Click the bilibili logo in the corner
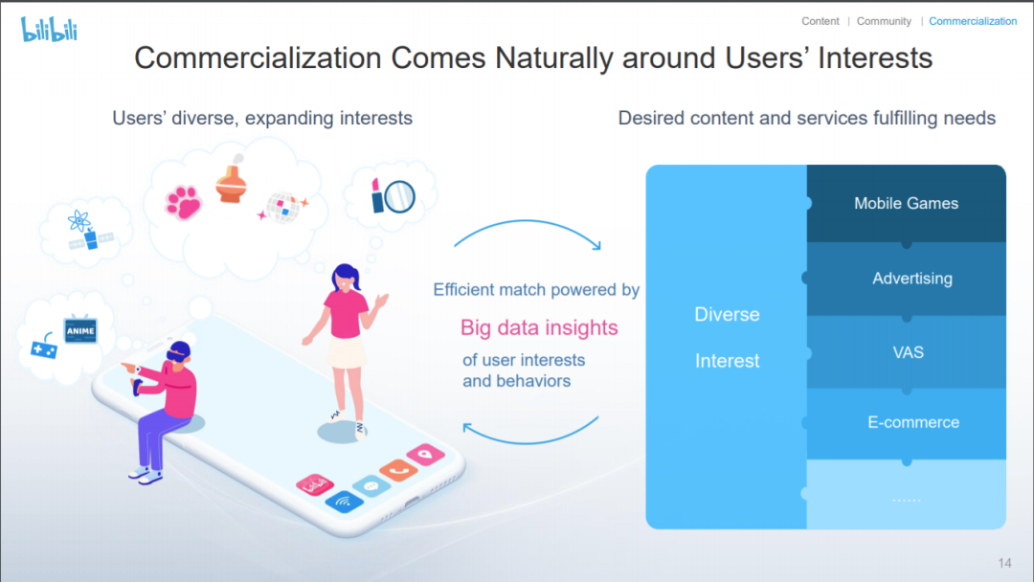click(50, 30)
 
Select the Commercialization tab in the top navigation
click(973, 21)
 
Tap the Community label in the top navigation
click(884, 21)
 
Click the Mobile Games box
click(906, 203)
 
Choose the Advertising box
click(906, 279)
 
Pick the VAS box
click(906, 352)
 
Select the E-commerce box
click(906, 422)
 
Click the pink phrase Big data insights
click(539, 327)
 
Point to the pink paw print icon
click(183, 202)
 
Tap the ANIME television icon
click(80, 329)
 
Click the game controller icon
click(44, 347)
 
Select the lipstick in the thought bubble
click(377, 195)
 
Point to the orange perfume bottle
click(232, 179)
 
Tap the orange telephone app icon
click(397, 469)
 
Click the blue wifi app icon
click(344, 502)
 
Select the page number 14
click(1004, 563)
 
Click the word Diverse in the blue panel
click(727, 314)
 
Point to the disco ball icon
click(283, 207)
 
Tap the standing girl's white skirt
click(347, 352)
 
